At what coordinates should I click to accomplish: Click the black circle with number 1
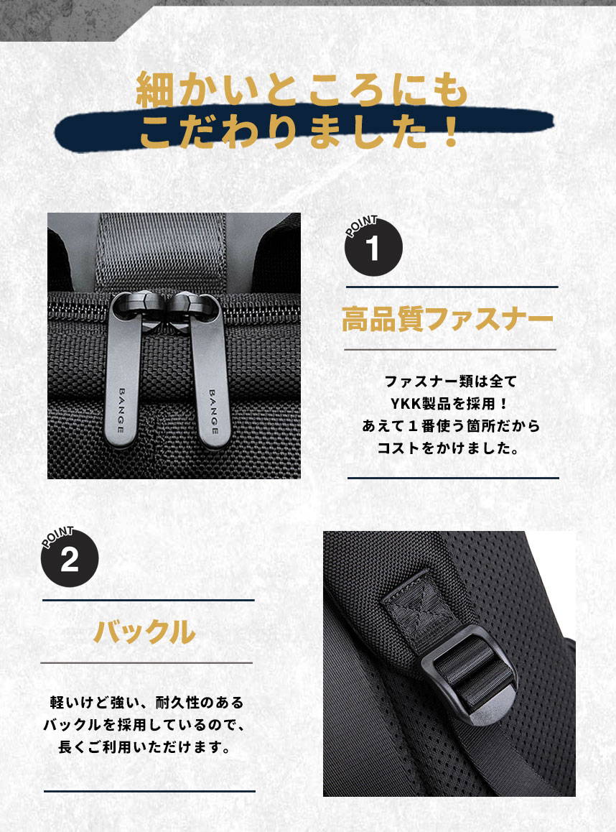(373, 249)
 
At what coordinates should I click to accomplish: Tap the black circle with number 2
(69, 560)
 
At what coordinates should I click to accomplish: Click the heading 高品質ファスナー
(448, 319)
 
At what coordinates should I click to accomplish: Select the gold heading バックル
(145, 632)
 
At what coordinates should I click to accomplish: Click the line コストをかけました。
(451, 449)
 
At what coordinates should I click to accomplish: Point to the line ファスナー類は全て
(451, 381)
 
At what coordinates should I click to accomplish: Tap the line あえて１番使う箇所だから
(451, 426)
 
